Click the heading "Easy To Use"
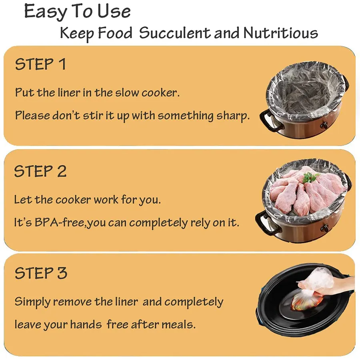point(77,12)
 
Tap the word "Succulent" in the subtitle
point(174,33)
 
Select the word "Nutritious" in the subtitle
point(280,33)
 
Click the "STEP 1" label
point(40,64)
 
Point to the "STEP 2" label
point(40,171)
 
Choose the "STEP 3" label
point(41,273)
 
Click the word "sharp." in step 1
point(233,116)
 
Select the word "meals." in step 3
point(178,325)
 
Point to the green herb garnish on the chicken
point(310,178)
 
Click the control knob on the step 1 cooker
point(324,125)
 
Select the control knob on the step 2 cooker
point(324,228)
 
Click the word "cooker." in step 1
point(160,93)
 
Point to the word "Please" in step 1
point(32,115)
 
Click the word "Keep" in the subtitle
point(77,34)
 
